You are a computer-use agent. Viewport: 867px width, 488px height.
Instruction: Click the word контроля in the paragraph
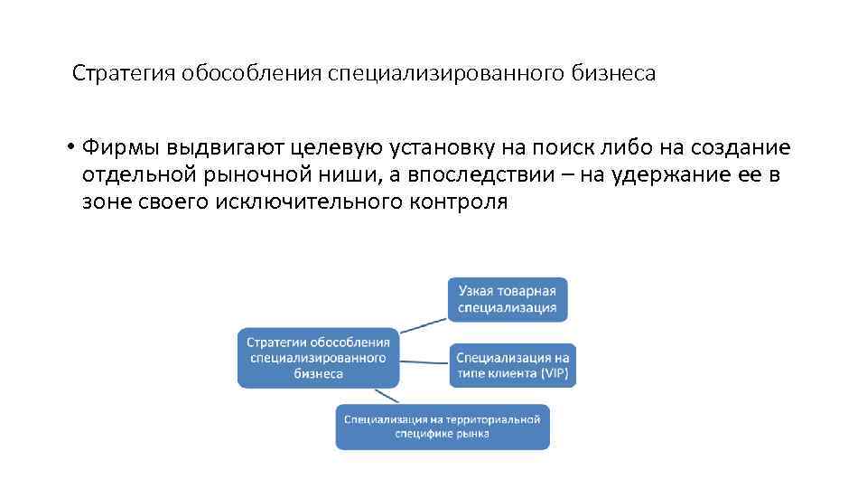click(460, 202)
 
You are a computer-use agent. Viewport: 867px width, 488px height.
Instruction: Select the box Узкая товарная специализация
click(508, 299)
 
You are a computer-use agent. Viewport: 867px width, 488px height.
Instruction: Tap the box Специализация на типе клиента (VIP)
click(512, 365)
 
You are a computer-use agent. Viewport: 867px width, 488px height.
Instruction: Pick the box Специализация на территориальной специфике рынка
click(442, 427)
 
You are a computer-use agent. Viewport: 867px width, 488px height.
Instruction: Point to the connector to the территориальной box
click(387, 395)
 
